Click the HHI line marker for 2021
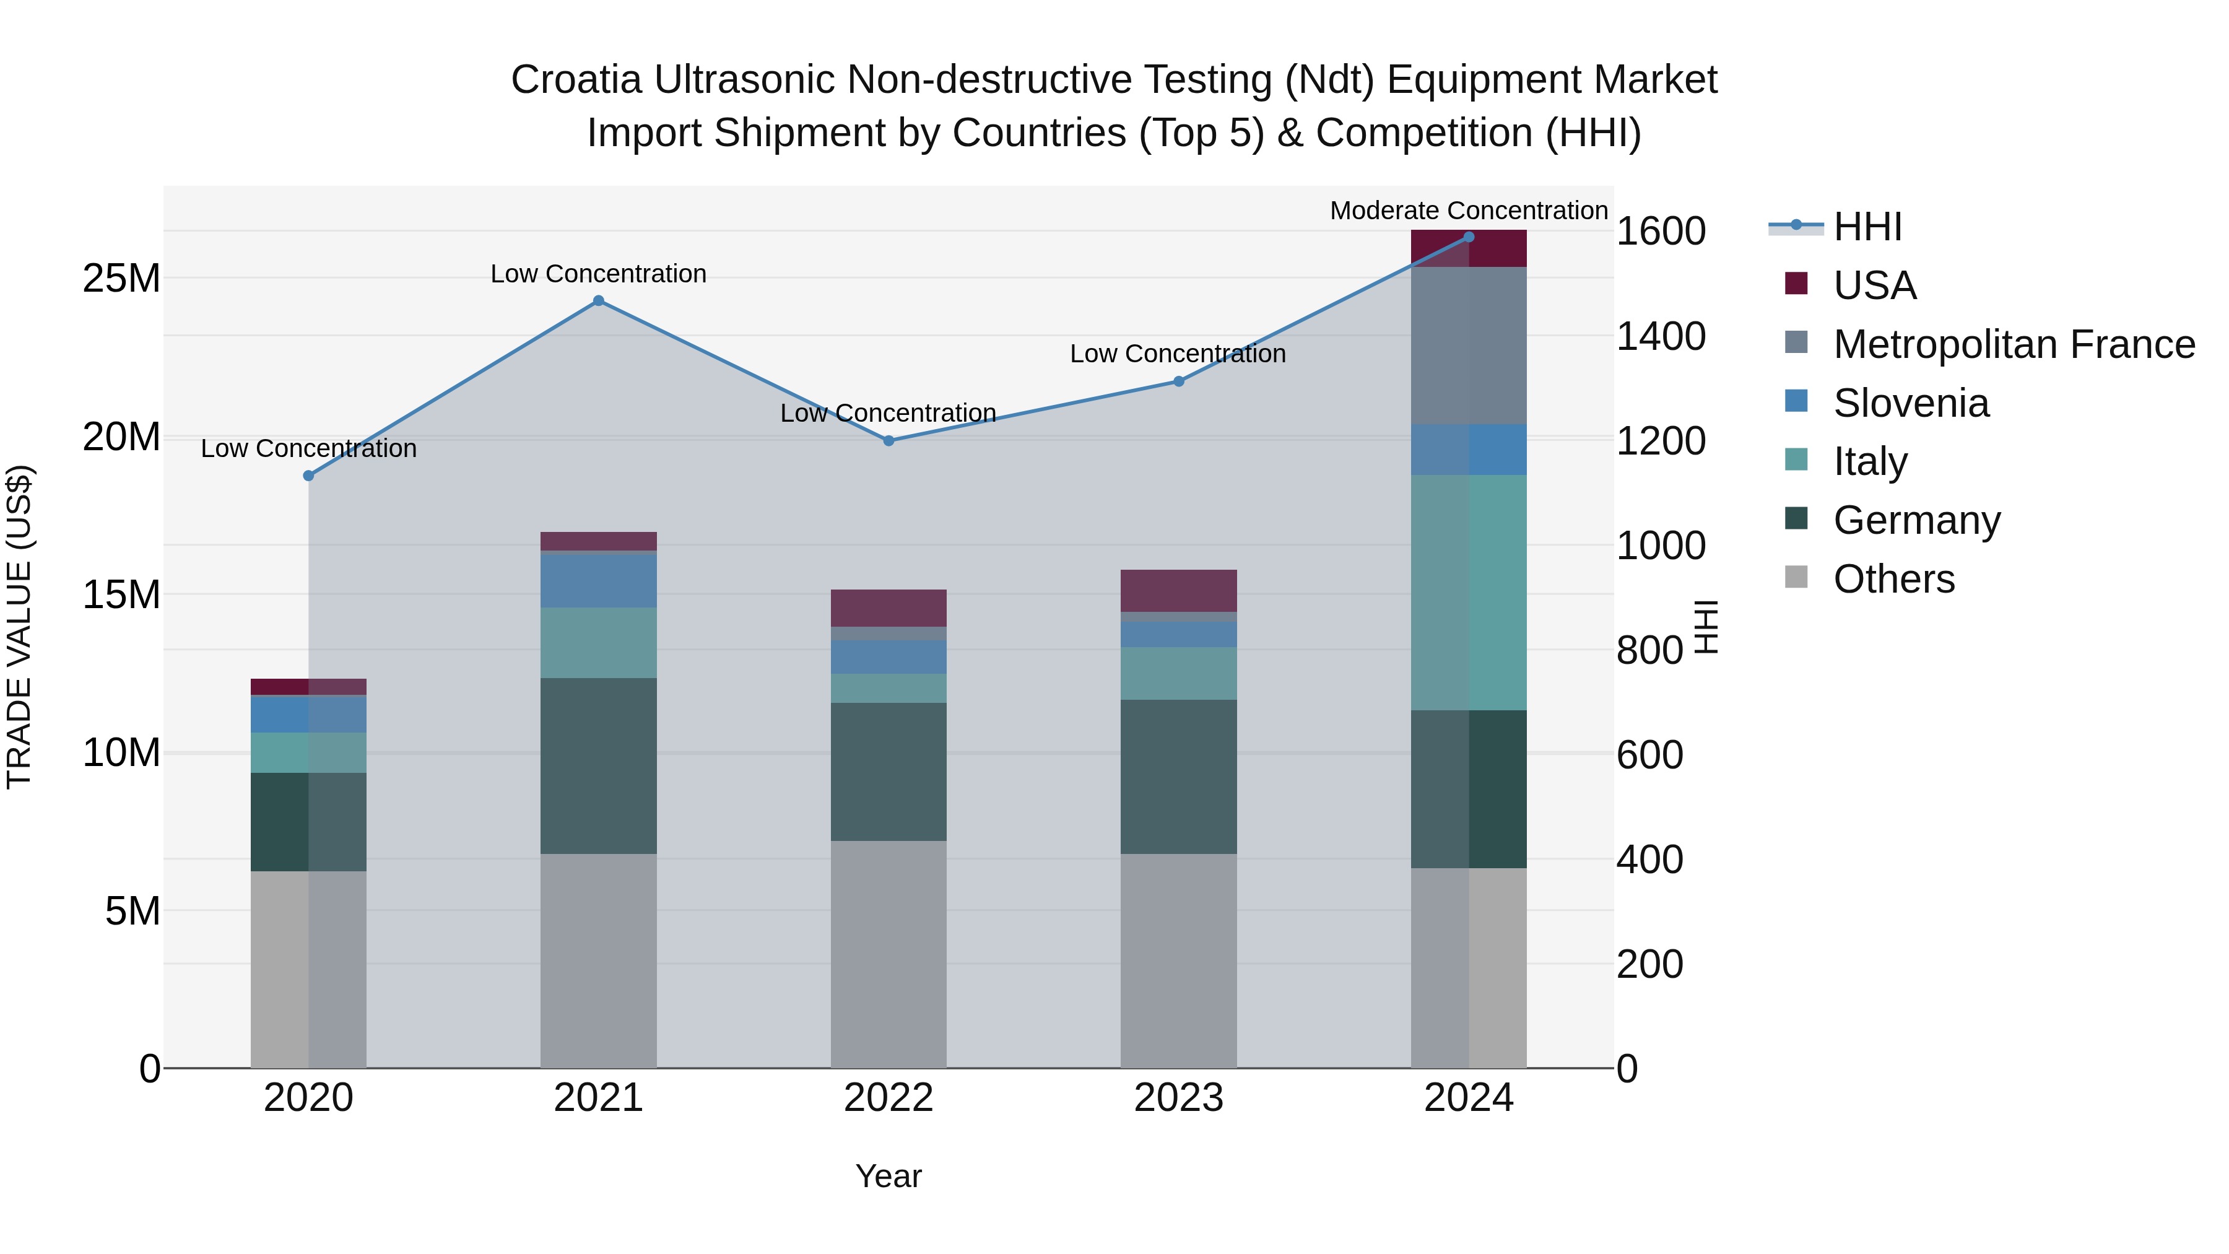point(598,301)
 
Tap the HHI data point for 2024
point(1469,237)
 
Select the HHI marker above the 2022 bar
point(889,440)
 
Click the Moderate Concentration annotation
point(1469,211)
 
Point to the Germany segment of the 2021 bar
point(598,766)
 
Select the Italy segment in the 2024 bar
point(1469,592)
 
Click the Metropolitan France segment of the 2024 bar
point(1469,346)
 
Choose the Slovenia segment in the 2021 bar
point(598,580)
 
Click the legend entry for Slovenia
point(1911,403)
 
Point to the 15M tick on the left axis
point(121,594)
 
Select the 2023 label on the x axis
point(1178,1098)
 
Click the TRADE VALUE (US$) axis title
point(19,627)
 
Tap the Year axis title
point(889,1176)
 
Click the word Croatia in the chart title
point(576,80)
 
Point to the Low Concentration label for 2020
point(309,448)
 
